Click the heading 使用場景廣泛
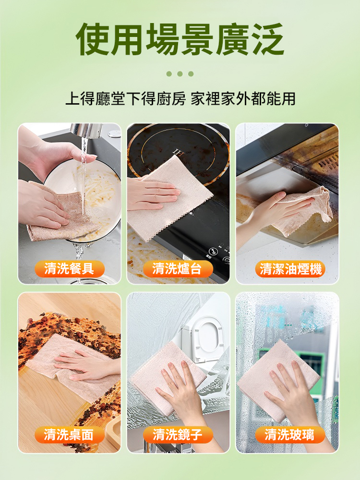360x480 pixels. click(x=180, y=39)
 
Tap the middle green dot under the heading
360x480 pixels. click(x=180, y=74)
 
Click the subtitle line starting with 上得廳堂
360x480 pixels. click(x=180, y=99)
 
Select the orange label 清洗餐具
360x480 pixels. click(x=69, y=269)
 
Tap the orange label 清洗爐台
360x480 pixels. click(x=178, y=269)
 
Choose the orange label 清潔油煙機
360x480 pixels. click(x=290, y=269)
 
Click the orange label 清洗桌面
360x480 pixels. click(x=69, y=435)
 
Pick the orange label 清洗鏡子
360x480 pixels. click(x=178, y=435)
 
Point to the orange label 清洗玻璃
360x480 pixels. click(x=290, y=435)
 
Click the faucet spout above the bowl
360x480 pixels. click(x=86, y=130)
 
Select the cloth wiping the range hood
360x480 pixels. click(x=307, y=211)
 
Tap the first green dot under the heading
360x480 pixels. click(x=169, y=74)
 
